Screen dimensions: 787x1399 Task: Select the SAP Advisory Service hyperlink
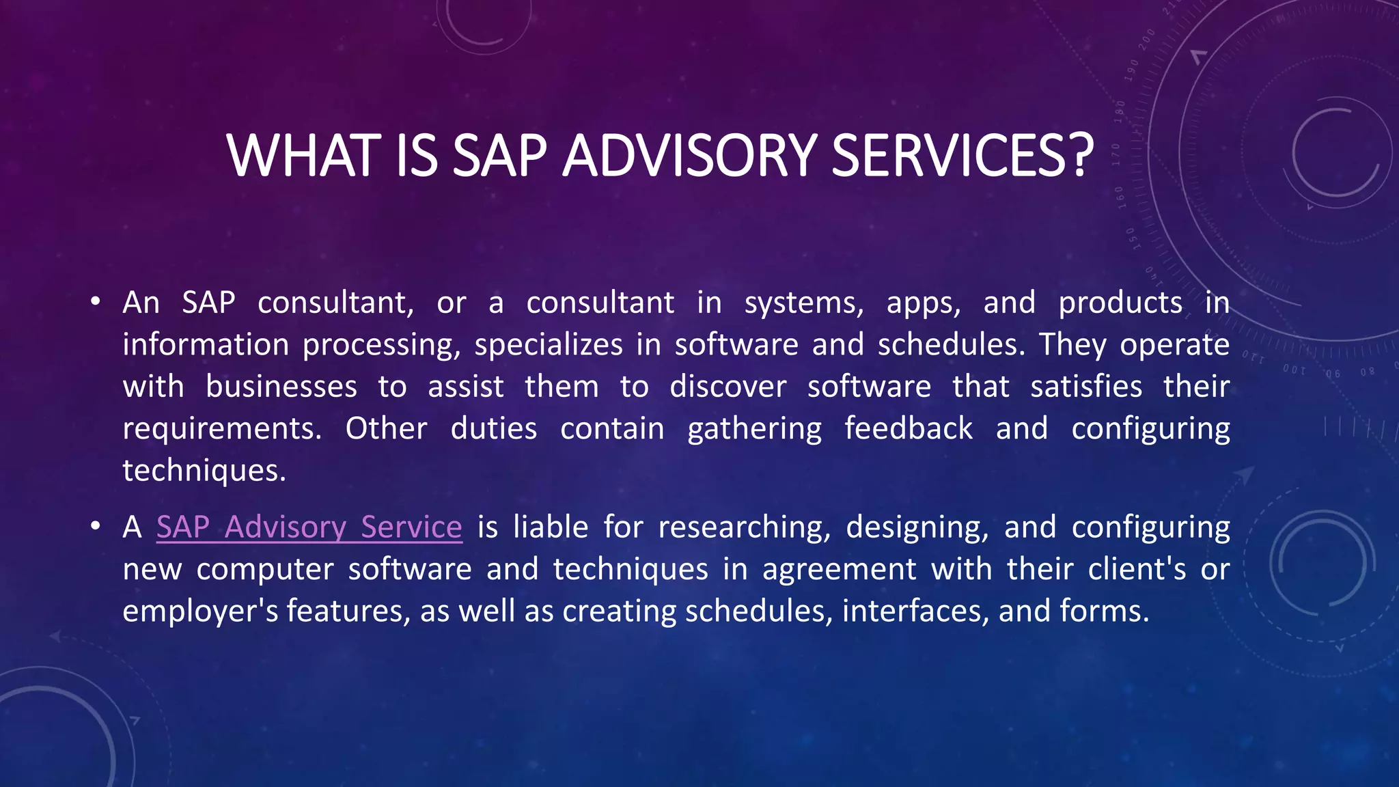(309, 527)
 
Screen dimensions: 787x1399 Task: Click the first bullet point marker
(95, 301)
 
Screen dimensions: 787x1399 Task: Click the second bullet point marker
(95, 526)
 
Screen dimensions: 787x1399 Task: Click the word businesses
(281, 387)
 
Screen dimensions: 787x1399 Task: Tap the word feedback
(909, 428)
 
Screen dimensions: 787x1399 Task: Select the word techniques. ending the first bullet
(204, 471)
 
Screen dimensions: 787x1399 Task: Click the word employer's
(200, 611)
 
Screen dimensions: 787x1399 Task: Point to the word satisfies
(1086, 387)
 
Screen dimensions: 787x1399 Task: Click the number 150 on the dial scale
(1131, 239)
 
